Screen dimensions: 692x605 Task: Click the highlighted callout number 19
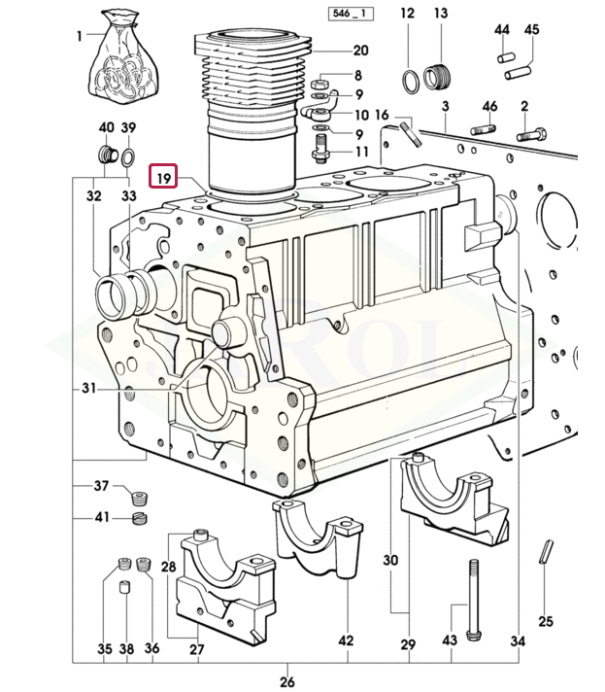163,177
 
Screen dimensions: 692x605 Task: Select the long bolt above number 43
472,599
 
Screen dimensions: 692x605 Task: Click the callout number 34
519,640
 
